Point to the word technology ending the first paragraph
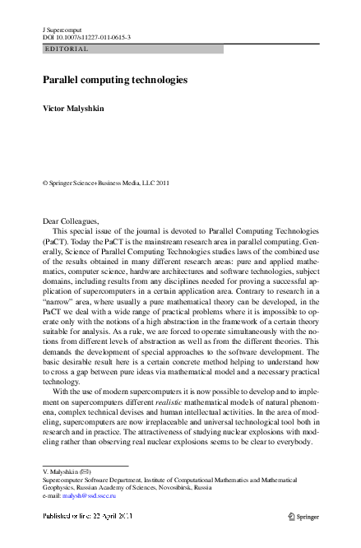pyautogui.click(x=62, y=382)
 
